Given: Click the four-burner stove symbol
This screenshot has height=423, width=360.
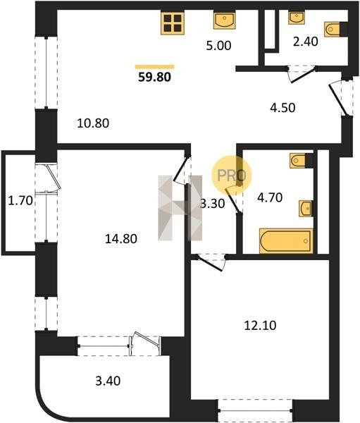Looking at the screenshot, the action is click(x=173, y=23).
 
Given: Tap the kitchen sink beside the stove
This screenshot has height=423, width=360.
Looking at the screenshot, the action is click(x=225, y=20).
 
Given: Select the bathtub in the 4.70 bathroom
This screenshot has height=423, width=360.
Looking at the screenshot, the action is click(x=286, y=241).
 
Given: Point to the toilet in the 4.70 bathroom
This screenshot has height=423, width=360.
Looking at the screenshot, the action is click(x=302, y=161).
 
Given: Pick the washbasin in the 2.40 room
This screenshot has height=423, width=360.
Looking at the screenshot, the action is click(x=297, y=18).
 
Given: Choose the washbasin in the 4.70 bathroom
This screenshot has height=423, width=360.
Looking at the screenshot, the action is click(x=306, y=208).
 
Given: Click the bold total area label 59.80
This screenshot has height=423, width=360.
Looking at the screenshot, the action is click(x=154, y=77).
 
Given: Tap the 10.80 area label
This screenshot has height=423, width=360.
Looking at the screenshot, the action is click(x=93, y=123).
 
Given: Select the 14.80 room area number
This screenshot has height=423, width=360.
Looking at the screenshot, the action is click(x=120, y=239).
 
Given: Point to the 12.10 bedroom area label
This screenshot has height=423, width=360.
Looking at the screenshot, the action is click(x=260, y=326).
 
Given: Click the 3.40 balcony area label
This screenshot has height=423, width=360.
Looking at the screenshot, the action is click(x=108, y=381).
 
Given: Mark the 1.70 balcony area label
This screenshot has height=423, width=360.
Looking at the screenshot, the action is click(x=20, y=201).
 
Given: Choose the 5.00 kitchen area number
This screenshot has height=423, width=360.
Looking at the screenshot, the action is click(x=218, y=46).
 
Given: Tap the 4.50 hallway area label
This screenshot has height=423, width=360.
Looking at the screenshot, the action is click(x=283, y=108).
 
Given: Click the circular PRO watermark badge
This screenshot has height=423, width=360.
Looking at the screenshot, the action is click(x=232, y=176).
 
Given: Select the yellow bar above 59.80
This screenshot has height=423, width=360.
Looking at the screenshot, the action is click(x=155, y=67).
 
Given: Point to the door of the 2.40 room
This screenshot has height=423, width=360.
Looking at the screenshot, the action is click(x=302, y=74).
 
